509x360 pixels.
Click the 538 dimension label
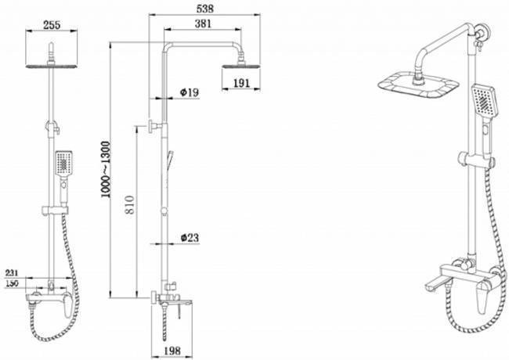(205, 9)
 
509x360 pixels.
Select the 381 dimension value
(203, 23)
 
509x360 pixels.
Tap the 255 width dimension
(52, 25)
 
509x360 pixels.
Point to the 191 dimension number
(242, 84)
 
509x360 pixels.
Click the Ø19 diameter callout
(189, 92)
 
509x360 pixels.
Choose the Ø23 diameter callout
(190, 238)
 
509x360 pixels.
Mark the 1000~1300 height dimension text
(106, 170)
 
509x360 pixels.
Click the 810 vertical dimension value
(130, 204)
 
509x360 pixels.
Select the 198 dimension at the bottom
(172, 351)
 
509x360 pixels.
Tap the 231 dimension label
(12, 273)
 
